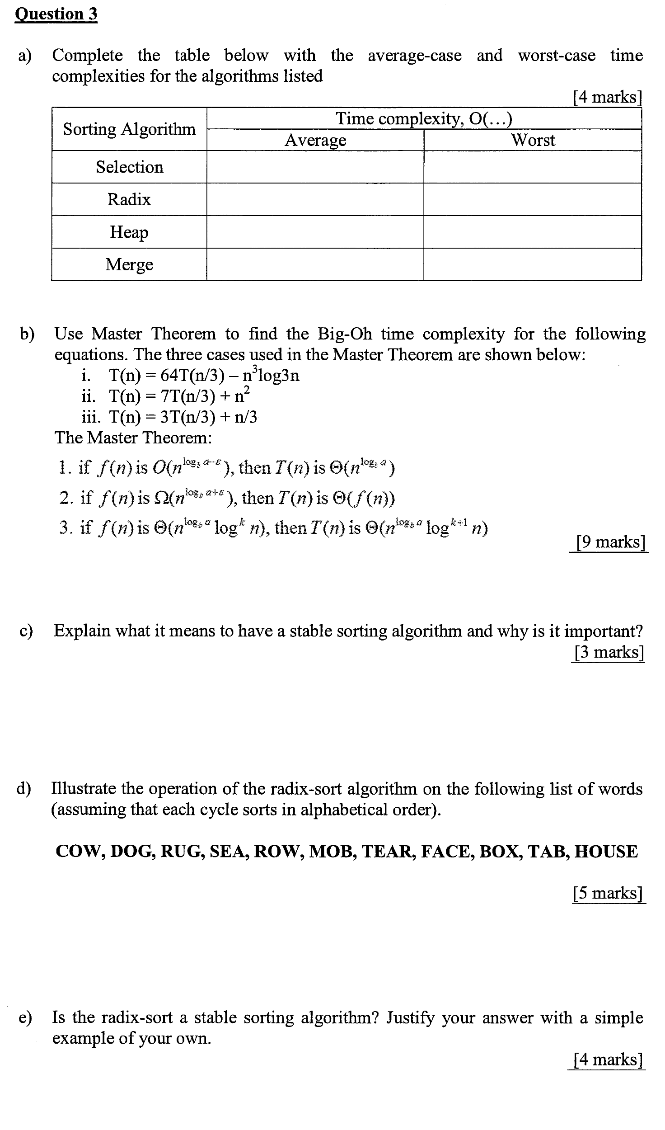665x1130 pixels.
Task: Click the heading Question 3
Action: [56, 14]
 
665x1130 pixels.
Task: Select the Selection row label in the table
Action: [129, 167]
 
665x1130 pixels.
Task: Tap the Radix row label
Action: [129, 199]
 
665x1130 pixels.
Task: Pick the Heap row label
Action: [129, 232]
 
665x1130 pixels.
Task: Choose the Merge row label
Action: [129, 264]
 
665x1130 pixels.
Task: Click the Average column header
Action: [315, 140]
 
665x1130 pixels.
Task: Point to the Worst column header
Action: [533, 140]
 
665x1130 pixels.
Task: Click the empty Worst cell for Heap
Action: [533, 232]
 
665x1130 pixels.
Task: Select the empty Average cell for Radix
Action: [315, 199]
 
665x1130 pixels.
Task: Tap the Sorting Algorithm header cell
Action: [129, 129]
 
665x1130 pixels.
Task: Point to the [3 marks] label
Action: [608, 652]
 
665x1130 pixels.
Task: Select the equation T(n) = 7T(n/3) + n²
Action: [179, 396]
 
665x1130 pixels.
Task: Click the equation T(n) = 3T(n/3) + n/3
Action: [183, 417]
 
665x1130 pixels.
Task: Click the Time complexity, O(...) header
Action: [424, 119]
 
